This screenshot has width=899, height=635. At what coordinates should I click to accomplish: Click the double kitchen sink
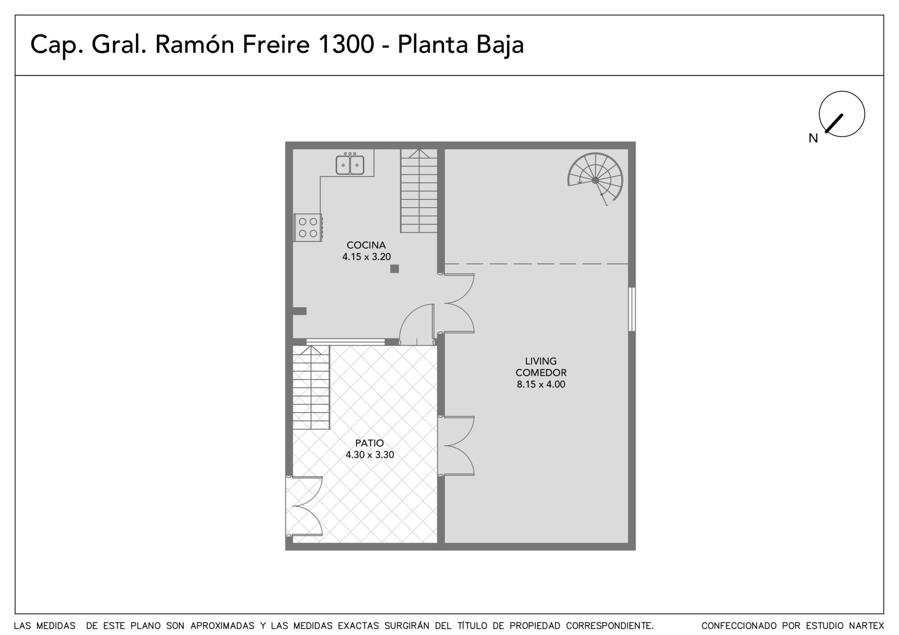(x=350, y=164)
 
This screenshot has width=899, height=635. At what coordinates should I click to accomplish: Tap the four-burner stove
(x=308, y=227)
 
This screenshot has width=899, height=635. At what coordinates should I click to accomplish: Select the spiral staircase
(x=595, y=179)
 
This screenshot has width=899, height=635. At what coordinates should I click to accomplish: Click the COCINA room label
(x=366, y=245)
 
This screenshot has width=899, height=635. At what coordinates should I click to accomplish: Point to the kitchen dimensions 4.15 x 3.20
(x=366, y=257)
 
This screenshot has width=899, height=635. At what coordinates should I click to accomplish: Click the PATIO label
(x=369, y=443)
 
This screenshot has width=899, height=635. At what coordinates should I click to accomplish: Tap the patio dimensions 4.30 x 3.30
(x=370, y=455)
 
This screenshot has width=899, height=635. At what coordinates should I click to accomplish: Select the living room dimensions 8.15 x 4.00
(x=541, y=384)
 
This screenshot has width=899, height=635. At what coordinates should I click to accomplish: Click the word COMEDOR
(x=541, y=373)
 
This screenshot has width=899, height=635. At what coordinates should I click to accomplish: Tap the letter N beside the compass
(x=813, y=138)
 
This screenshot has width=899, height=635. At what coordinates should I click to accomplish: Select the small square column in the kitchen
(x=394, y=269)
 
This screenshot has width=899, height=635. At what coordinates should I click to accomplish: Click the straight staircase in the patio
(x=311, y=387)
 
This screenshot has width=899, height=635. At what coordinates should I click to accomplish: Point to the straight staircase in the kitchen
(x=419, y=191)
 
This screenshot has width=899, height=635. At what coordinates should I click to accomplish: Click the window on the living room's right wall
(x=632, y=309)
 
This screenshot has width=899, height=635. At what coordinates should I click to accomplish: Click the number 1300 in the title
(x=346, y=44)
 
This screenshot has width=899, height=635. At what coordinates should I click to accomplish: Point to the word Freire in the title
(x=276, y=44)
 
